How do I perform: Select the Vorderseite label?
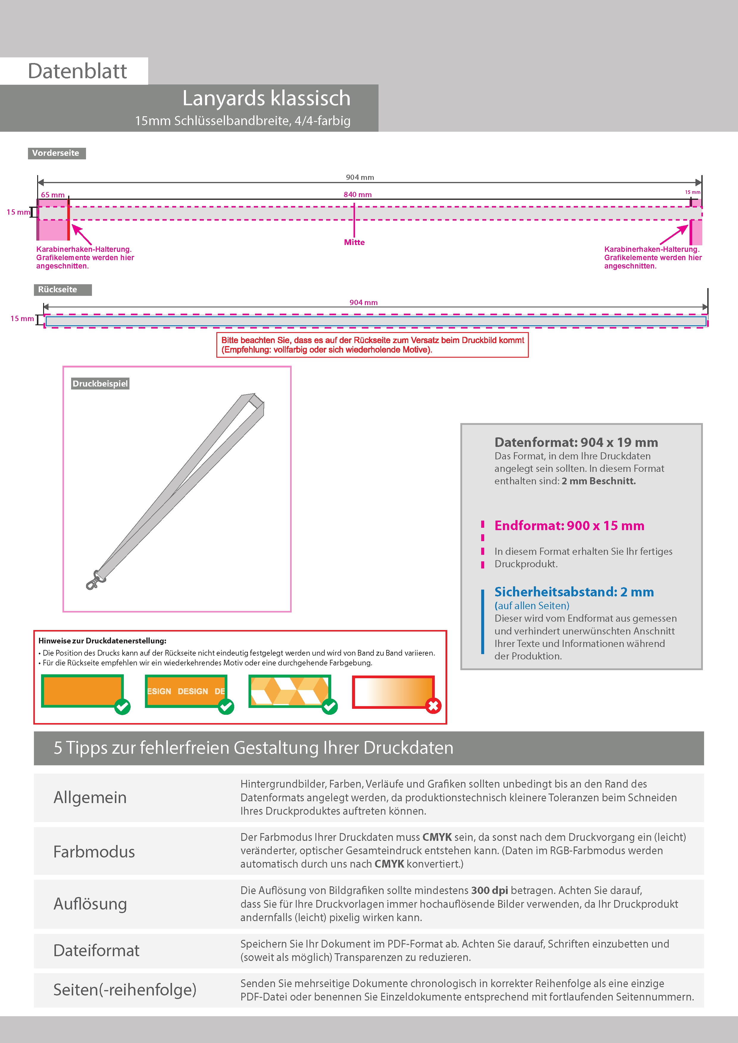tap(56, 153)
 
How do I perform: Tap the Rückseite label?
tap(58, 289)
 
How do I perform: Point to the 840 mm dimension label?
tap(357, 194)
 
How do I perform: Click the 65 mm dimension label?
tap(53, 195)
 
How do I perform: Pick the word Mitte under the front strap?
tap(354, 242)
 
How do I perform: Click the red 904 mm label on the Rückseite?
tap(363, 303)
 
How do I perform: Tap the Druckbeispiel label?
tap(100, 384)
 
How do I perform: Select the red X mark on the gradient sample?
tap(433, 706)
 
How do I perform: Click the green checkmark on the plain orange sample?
tap(122, 706)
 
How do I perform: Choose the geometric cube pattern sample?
tap(289, 691)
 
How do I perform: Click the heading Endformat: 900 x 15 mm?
tap(569, 526)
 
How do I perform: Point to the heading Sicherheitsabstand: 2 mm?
tap(574, 592)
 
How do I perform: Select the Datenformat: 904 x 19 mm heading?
tap(576, 442)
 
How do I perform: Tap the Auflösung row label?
tap(90, 904)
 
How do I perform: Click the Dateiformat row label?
tap(96, 950)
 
